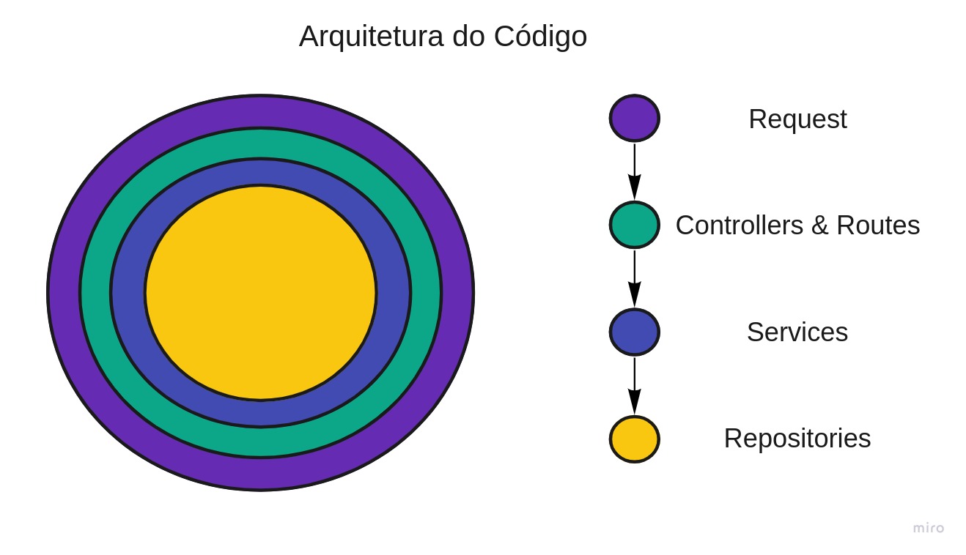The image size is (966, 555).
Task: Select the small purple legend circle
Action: pyautogui.click(x=635, y=118)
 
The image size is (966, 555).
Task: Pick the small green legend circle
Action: pyautogui.click(x=635, y=225)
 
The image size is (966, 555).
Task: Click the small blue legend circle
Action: pyautogui.click(x=635, y=332)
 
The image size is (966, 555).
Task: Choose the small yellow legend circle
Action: pyautogui.click(x=635, y=439)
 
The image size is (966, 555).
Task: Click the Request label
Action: pyautogui.click(x=797, y=119)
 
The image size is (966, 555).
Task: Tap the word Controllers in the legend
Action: pyautogui.click(x=740, y=226)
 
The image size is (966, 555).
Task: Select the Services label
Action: pyautogui.click(x=797, y=332)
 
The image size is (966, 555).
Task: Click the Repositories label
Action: pyautogui.click(x=797, y=439)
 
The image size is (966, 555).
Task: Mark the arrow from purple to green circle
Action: pyautogui.click(x=635, y=171)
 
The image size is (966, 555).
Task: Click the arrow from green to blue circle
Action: pyautogui.click(x=635, y=278)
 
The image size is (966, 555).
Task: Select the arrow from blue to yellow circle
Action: pyautogui.click(x=635, y=385)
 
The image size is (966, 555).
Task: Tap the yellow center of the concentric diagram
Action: pyautogui.click(x=261, y=293)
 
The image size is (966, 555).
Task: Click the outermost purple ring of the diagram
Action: pyautogui.click(x=261, y=111)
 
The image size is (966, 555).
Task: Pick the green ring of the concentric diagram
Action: pyautogui.click(x=261, y=144)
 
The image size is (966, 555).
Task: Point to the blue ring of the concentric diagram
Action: pyautogui.click(x=261, y=172)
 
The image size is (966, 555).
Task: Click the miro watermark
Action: pyautogui.click(x=929, y=528)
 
